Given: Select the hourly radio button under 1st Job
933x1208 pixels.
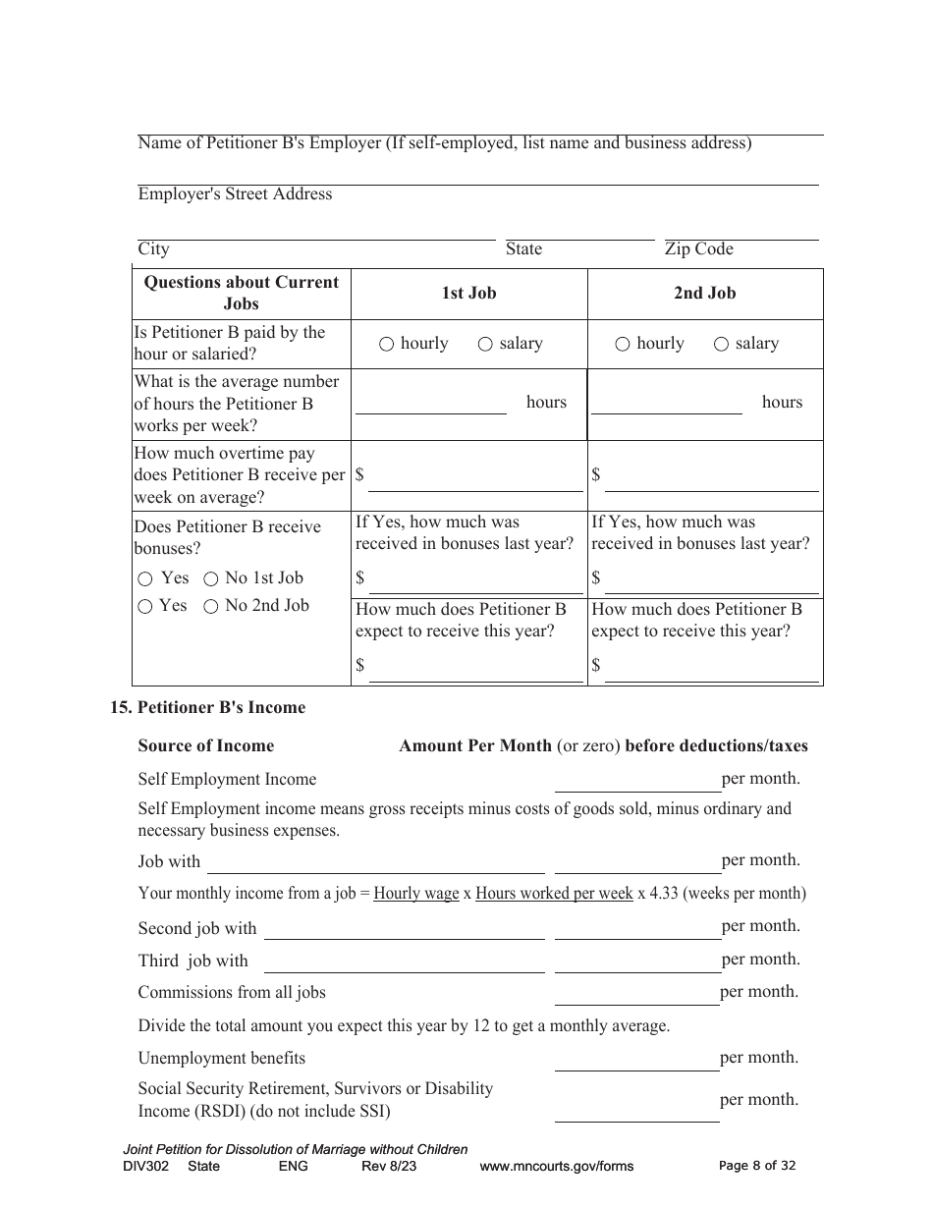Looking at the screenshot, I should [387, 344].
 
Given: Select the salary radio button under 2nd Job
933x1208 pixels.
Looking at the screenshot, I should [721, 344].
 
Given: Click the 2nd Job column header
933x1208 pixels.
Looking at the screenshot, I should [704, 293].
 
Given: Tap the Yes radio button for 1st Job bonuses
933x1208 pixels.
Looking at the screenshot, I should [145, 579].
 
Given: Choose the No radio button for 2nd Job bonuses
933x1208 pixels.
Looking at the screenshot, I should [210, 607].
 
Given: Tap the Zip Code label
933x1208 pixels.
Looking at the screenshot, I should [698, 248].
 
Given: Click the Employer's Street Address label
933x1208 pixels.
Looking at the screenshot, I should [235, 193].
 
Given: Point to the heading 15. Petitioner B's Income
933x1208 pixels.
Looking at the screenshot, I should [207, 707].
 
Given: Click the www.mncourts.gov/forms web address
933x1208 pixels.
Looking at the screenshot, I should [556, 1167].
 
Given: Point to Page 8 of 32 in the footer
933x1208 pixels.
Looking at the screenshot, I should [757, 1166].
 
